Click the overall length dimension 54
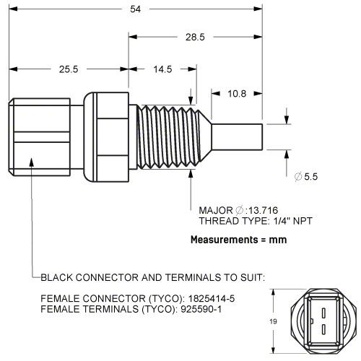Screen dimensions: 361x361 [136, 9]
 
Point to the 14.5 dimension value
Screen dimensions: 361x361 [162, 70]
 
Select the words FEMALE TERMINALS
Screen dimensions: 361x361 [84, 310]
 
